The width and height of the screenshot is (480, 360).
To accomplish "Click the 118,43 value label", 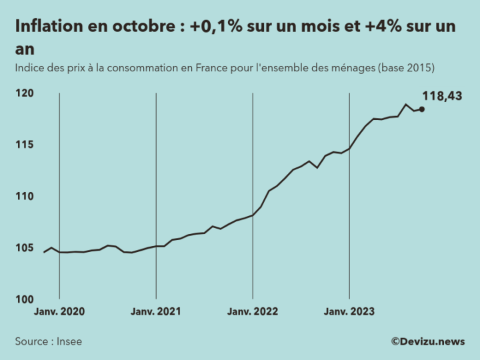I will [x=442, y=96].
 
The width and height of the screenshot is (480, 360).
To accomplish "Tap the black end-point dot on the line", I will [x=422, y=109].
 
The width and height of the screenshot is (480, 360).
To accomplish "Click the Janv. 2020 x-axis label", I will [x=59, y=311].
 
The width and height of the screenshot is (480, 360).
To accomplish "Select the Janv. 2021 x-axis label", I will [x=156, y=311].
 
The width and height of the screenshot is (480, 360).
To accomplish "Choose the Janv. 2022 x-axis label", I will [x=253, y=311].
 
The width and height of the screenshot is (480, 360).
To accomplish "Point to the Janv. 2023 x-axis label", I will [x=349, y=311].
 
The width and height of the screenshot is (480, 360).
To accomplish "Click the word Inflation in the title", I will [x=47, y=27].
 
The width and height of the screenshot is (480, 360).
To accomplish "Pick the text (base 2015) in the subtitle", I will [x=406, y=68].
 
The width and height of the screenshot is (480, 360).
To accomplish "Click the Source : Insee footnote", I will [x=49, y=341].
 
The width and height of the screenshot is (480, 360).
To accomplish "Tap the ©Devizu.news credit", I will [x=428, y=341].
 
